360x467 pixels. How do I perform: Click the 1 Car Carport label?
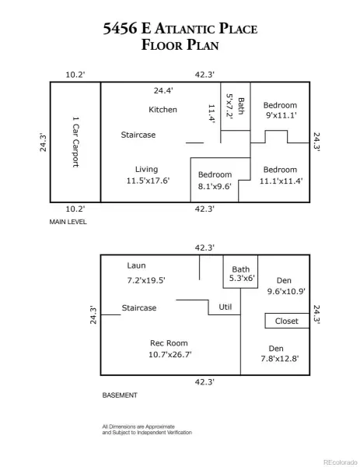[76, 142]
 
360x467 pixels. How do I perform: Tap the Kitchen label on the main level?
[163, 110]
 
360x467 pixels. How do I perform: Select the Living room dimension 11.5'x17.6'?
[148, 181]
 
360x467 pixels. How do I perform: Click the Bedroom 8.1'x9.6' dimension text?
[215, 186]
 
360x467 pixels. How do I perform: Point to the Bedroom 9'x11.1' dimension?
[281, 115]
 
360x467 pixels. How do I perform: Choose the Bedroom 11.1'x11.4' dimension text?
[281, 181]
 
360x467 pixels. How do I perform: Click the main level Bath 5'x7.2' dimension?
[229, 106]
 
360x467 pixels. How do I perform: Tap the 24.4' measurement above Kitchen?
[163, 90]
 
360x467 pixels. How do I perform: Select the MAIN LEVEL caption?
[68, 222]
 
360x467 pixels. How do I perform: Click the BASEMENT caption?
[120, 395]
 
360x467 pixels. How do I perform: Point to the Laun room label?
[136, 265]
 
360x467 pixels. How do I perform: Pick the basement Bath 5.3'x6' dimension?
[242, 278]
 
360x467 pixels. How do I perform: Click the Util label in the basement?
[225, 307]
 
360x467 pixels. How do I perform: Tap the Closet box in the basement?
[287, 321]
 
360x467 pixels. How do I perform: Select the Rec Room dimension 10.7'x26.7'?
[170, 354]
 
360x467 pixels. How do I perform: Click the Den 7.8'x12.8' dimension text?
[280, 358]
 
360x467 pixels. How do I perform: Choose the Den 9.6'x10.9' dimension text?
[286, 291]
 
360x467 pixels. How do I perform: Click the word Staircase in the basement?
[139, 307]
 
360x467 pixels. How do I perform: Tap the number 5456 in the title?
[120, 28]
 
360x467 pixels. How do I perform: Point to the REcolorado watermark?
[341, 462]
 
